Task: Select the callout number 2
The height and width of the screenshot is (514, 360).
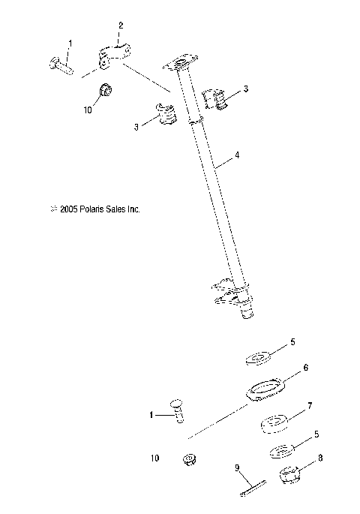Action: pos(119,26)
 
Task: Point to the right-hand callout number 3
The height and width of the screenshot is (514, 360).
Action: pos(246,89)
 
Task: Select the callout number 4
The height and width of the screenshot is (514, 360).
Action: pos(237,156)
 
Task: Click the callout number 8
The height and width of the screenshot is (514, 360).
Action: pos(322,457)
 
